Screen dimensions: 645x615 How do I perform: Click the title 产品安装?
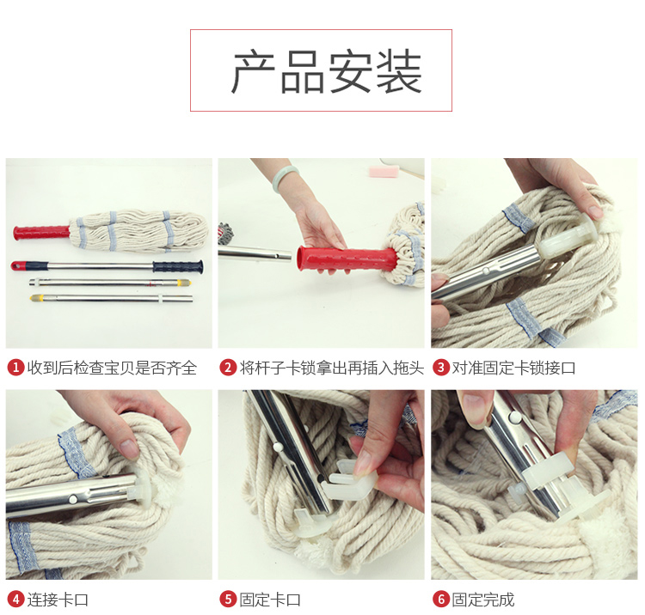(x=327, y=70)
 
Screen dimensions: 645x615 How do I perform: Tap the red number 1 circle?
(x=15, y=368)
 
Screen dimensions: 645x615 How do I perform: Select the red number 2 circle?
(x=228, y=368)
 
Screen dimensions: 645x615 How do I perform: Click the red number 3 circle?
(x=441, y=368)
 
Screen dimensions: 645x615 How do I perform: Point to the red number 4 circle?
(x=15, y=599)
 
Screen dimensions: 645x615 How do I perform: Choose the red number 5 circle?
(x=228, y=599)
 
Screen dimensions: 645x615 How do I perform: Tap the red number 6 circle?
(x=441, y=599)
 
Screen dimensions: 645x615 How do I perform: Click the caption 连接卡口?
(x=58, y=600)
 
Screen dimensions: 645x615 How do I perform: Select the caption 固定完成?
(x=483, y=600)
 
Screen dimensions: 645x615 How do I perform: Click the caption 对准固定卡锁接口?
(x=513, y=368)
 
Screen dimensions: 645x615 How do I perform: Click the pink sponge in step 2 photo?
(x=384, y=170)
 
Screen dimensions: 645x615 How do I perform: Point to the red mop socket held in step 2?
(x=347, y=259)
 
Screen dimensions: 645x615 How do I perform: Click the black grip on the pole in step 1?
(x=178, y=266)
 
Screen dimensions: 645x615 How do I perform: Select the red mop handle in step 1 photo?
(x=41, y=232)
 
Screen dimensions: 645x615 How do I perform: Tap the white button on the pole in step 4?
(x=73, y=499)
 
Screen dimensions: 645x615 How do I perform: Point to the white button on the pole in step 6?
(x=513, y=417)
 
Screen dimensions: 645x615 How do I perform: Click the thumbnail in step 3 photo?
(x=596, y=211)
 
